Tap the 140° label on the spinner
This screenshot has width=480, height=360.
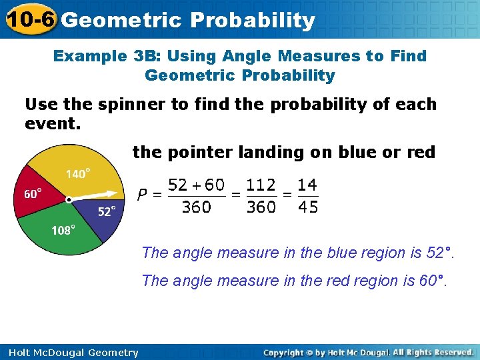point(78,174)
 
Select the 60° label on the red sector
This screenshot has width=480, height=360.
point(33,194)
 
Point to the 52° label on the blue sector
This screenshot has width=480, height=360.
point(107,211)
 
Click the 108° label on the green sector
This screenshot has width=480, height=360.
point(63,230)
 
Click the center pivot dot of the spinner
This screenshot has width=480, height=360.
point(69,199)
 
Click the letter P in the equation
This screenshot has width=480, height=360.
point(142,195)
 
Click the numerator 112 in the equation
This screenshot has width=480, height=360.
point(261,185)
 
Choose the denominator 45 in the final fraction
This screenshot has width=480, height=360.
point(308,207)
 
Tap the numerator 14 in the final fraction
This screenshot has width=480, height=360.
point(308,185)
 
